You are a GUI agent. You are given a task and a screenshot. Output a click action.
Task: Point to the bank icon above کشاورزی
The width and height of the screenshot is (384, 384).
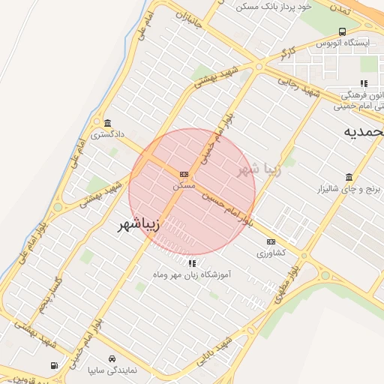271,241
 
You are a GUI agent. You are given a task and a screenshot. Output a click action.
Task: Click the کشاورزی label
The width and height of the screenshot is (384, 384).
271,253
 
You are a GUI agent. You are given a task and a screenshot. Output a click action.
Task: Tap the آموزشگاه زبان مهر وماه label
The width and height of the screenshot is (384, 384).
192,275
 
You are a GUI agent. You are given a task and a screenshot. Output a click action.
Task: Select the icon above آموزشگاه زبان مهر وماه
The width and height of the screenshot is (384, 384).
192,263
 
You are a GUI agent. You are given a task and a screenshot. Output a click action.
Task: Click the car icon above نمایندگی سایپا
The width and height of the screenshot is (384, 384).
112,358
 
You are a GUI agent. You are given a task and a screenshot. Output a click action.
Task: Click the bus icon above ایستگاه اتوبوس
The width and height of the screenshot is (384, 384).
343,31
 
